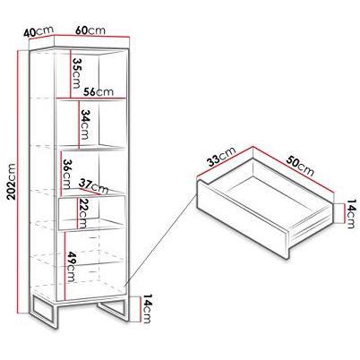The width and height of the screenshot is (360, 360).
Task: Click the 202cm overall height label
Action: tap(12, 181)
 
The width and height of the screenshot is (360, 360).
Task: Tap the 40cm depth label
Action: tap(39, 31)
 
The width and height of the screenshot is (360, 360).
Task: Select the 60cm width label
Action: tap(90, 30)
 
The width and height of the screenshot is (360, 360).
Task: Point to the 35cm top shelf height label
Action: tap(76, 73)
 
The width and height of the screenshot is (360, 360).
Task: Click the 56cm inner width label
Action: tap(99, 91)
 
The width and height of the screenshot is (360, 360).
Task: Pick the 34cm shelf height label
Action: tap(85, 124)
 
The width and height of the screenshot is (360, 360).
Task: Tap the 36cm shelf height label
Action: tap(66, 174)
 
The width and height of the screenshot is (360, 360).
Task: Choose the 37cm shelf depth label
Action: tap(93, 186)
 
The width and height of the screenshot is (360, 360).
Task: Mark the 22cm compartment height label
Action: tap(81, 213)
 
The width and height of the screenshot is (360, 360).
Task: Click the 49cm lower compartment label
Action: tap(71, 267)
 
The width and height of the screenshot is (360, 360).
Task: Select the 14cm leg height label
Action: tap(148, 308)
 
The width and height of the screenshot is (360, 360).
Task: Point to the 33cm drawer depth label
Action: tap(222, 156)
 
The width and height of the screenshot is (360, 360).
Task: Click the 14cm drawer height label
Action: tap(350, 214)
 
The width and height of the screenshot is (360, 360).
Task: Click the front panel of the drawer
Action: tap(242, 219)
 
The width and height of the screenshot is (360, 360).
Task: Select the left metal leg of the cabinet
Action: tap(45, 311)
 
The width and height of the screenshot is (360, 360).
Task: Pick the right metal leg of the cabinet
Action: tap(114, 311)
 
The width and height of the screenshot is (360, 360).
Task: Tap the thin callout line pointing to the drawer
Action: tap(160, 240)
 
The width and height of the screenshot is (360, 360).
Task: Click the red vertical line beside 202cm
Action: tap(19, 182)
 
